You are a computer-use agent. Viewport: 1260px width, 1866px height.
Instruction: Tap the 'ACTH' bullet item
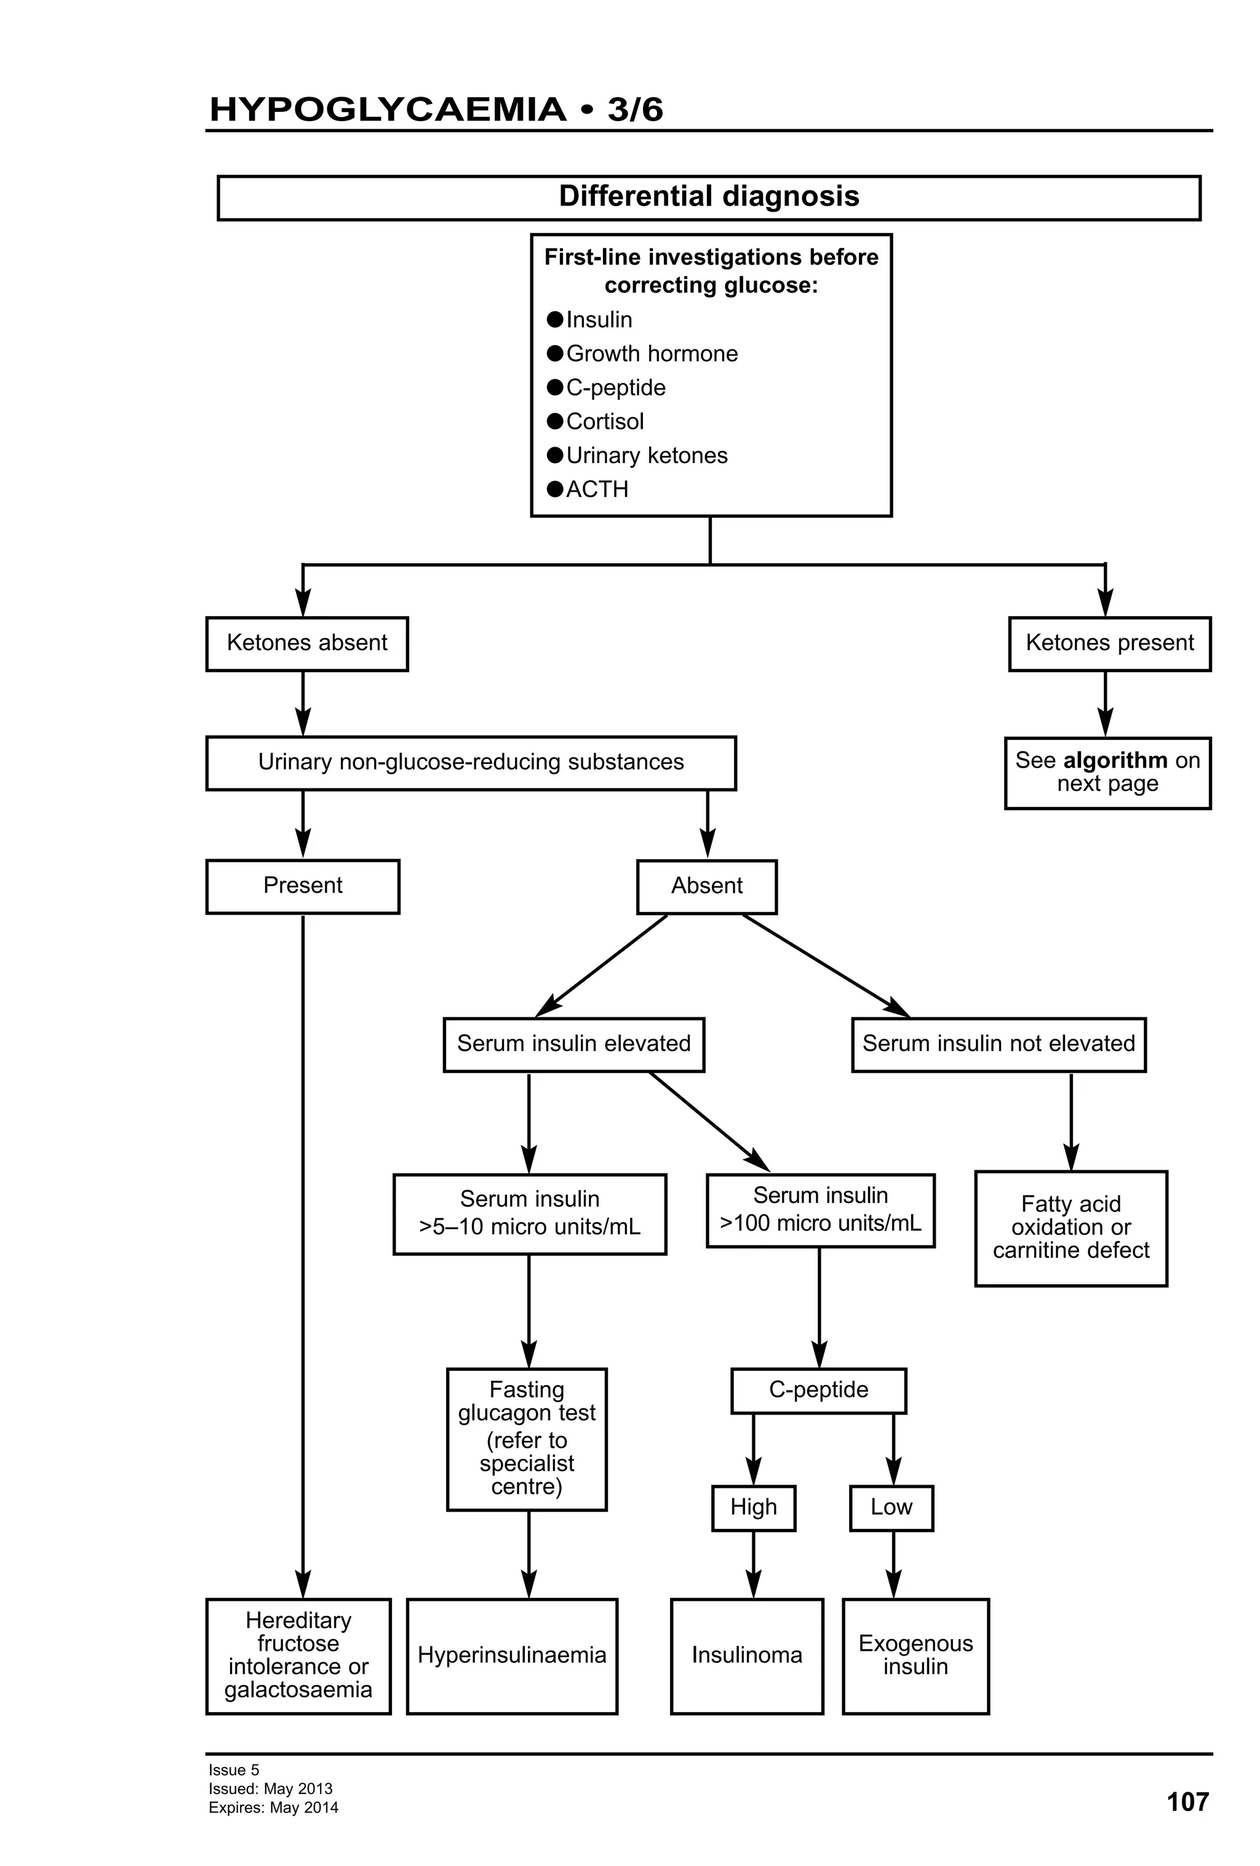click(x=597, y=489)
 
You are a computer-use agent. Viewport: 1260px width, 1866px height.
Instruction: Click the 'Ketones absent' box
click(x=307, y=643)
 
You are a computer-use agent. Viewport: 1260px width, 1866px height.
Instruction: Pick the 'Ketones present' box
click(x=1109, y=643)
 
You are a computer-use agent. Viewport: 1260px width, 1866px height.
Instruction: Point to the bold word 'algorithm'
click(x=1115, y=760)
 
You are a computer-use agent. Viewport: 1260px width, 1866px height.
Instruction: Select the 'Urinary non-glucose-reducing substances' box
click(x=471, y=762)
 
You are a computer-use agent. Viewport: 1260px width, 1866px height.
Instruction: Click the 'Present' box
click(x=303, y=886)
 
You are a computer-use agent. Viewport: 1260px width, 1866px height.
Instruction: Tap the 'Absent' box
click(x=707, y=886)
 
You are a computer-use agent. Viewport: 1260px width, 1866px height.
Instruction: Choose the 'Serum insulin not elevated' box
click(x=998, y=1044)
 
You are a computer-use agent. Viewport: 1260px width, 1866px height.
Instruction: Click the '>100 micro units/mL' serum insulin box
click(x=820, y=1210)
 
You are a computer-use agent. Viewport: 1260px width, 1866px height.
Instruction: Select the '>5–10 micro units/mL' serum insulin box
click(x=529, y=1213)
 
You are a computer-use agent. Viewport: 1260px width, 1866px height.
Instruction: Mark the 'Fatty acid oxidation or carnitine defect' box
click(x=1071, y=1228)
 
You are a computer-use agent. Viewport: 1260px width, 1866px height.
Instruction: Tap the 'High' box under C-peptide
click(x=753, y=1507)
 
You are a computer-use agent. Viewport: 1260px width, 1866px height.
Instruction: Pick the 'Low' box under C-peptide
click(x=891, y=1507)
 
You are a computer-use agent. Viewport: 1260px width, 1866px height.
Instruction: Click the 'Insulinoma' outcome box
click(x=747, y=1655)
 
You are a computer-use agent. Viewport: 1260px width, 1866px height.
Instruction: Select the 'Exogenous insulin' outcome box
click(x=915, y=1655)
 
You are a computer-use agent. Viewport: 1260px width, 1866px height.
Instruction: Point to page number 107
click(x=1187, y=1802)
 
